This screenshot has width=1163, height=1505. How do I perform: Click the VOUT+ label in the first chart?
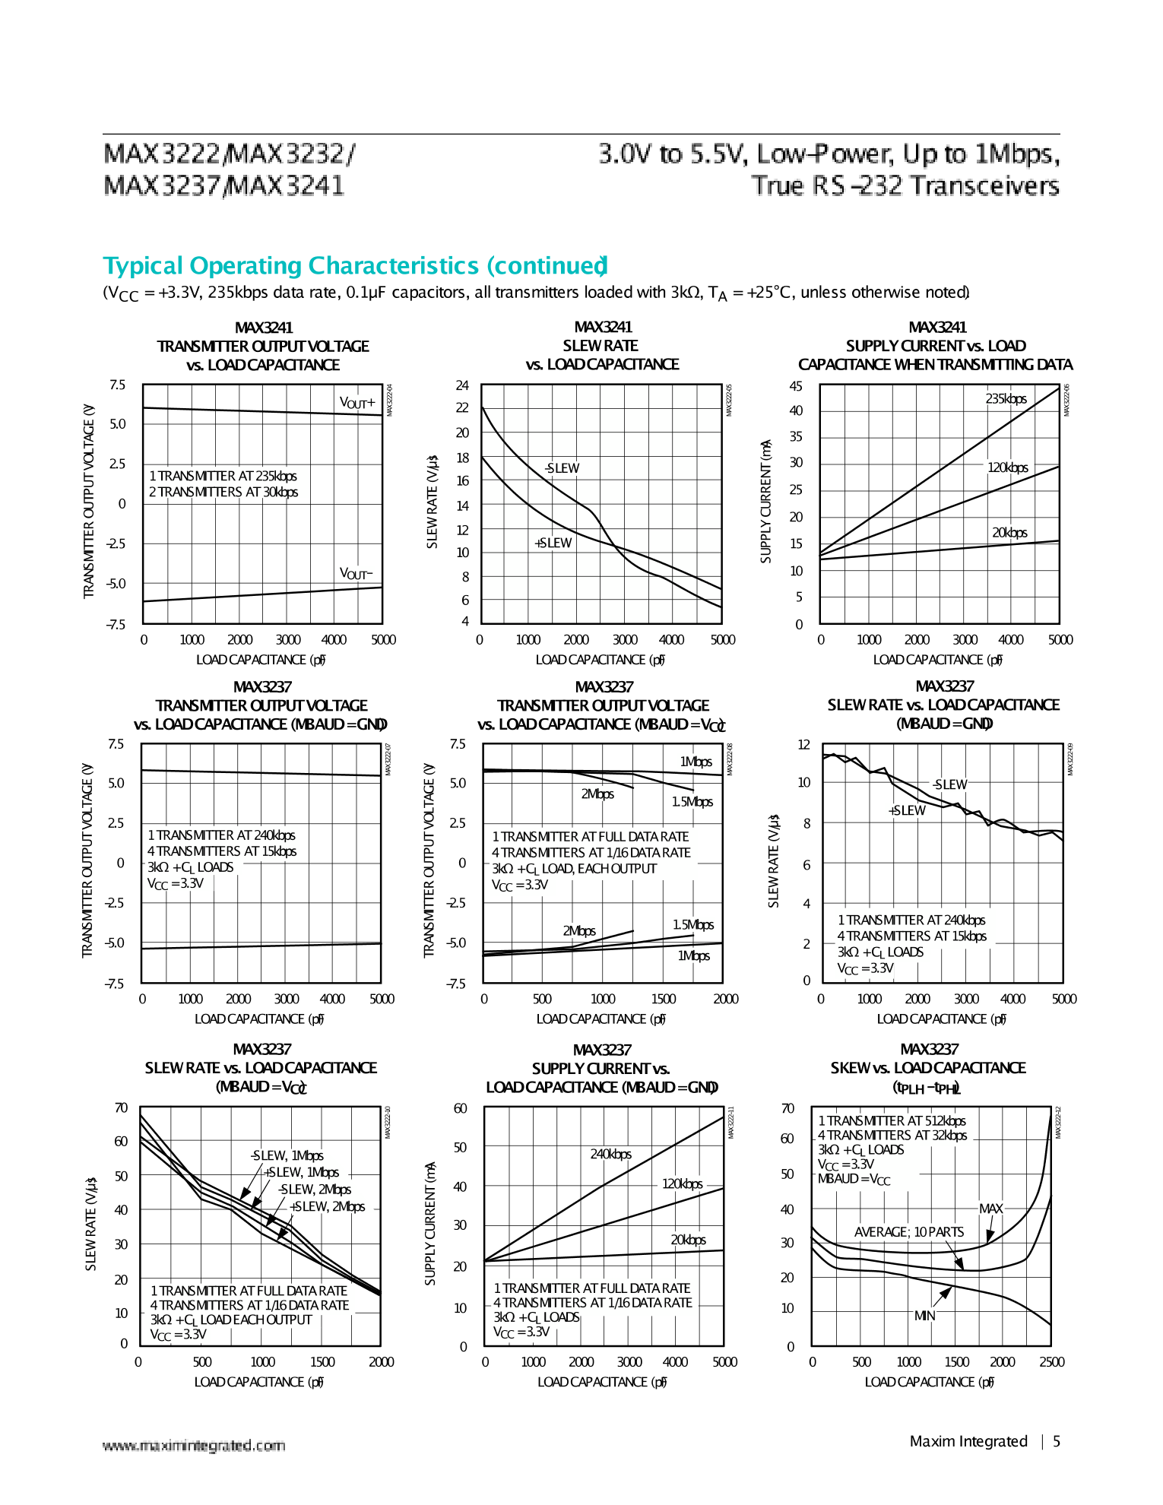pyautogui.click(x=357, y=403)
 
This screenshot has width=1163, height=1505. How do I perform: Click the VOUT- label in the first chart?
pyautogui.click(x=356, y=574)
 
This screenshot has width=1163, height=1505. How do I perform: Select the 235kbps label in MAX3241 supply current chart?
pyautogui.click(x=1006, y=399)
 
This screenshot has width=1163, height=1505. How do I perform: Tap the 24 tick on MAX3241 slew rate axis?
pyautogui.click(x=462, y=385)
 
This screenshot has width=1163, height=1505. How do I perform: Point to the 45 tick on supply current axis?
pyautogui.click(x=796, y=386)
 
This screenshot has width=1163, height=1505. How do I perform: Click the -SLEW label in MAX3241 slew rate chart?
pyautogui.click(x=562, y=468)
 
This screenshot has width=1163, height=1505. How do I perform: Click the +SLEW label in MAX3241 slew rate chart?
pyautogui.click(x=553, y=543)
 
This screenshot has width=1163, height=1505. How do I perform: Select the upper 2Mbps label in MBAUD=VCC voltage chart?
pyautogui.click(x=597, y=794)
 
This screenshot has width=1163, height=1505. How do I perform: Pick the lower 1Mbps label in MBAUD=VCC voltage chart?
pyautogui.click(x=693, y=955)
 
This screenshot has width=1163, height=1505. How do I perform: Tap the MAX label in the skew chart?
pyautogui.click(x=990, y=1209)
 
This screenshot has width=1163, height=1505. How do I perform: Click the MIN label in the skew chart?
pyautogui.click(x=924, y=1316)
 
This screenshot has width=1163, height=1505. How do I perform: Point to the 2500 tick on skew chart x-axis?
pyautogui.click(x=1051, y=1362)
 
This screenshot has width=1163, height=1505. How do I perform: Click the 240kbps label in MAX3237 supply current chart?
pyautogui.click(x=610, y=1154)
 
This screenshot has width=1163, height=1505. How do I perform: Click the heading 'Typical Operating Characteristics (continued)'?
pyautogui.click(x=355, y=266)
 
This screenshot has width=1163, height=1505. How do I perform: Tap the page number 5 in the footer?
pyautogui.click(x=1056, y=1441)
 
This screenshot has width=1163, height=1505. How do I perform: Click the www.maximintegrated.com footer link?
pyautogui.click(x=194, y=1446)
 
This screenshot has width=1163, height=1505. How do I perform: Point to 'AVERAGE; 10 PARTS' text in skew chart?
pyautogui.click(x=908, y=1232)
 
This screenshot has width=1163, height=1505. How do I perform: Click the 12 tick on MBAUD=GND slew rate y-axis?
pyautogui.click(x=803, y=745)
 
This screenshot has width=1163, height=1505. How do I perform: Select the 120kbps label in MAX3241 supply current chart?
pyautogui.click(x=1007, y=467)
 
